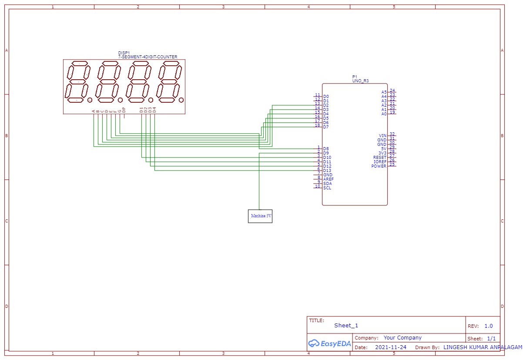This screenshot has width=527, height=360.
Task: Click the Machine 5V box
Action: point(260,216)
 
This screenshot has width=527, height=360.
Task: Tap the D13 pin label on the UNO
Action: point(327,171)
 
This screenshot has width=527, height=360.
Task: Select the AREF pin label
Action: point(328,179)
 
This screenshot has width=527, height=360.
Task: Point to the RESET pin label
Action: point(380,158)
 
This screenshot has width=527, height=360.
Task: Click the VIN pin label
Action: point(383,136)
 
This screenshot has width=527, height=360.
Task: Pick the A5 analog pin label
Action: point(384,92)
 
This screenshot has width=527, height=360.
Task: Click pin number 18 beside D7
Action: point(317,125)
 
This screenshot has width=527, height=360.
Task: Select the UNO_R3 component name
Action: point(360,81)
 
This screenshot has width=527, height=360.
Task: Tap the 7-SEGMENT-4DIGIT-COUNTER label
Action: point(148,57)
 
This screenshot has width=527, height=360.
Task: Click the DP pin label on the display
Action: point(124,110)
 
